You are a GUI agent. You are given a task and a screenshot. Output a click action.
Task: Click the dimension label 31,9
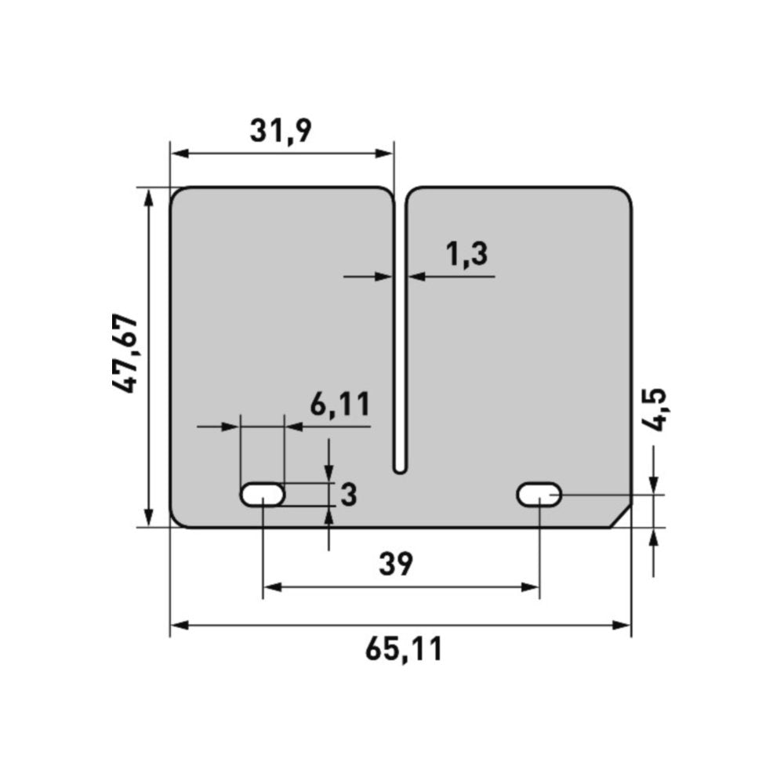pos(281,130)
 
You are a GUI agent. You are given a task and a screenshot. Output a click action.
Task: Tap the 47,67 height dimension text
pos(124,354)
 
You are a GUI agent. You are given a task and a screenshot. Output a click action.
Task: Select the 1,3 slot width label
pos(466,254)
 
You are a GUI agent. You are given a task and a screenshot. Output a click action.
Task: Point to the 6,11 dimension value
pos(340,404)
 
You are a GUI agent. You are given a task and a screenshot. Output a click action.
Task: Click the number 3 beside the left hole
pos(349,495)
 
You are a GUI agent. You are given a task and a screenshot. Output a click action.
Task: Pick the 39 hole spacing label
pos(396,564)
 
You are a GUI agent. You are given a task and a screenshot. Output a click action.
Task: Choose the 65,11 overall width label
pos(404,649)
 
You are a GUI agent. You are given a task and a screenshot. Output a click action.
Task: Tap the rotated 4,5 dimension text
pos(654,409)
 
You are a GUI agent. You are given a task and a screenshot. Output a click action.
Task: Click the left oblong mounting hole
pos(263,495)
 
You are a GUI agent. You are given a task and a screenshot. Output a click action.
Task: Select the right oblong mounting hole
pos(539,495)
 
